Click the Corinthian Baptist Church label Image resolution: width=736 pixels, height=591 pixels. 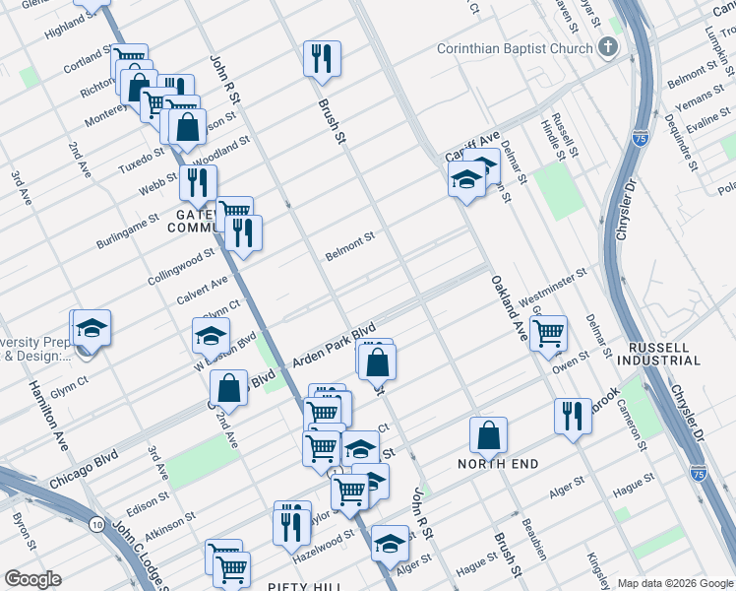(x=516, y=47)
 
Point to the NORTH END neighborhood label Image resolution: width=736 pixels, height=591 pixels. (x=494, y=462)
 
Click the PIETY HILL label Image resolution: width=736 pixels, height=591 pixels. (x=304, y=586)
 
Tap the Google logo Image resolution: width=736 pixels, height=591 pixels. (x=32, y=579)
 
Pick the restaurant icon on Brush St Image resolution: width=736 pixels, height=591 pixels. (x=322, y=59)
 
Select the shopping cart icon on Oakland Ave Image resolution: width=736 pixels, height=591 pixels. (x=548, y=331)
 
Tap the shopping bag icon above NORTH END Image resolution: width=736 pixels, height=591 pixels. (x=488, y=433)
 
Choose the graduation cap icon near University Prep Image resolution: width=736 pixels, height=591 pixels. (x=92, y=327)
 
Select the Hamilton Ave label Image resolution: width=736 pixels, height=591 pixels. (x=47, y=415)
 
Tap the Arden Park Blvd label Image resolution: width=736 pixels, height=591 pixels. (x=335, y=346)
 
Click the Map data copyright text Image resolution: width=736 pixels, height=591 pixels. (x=674, y=582)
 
